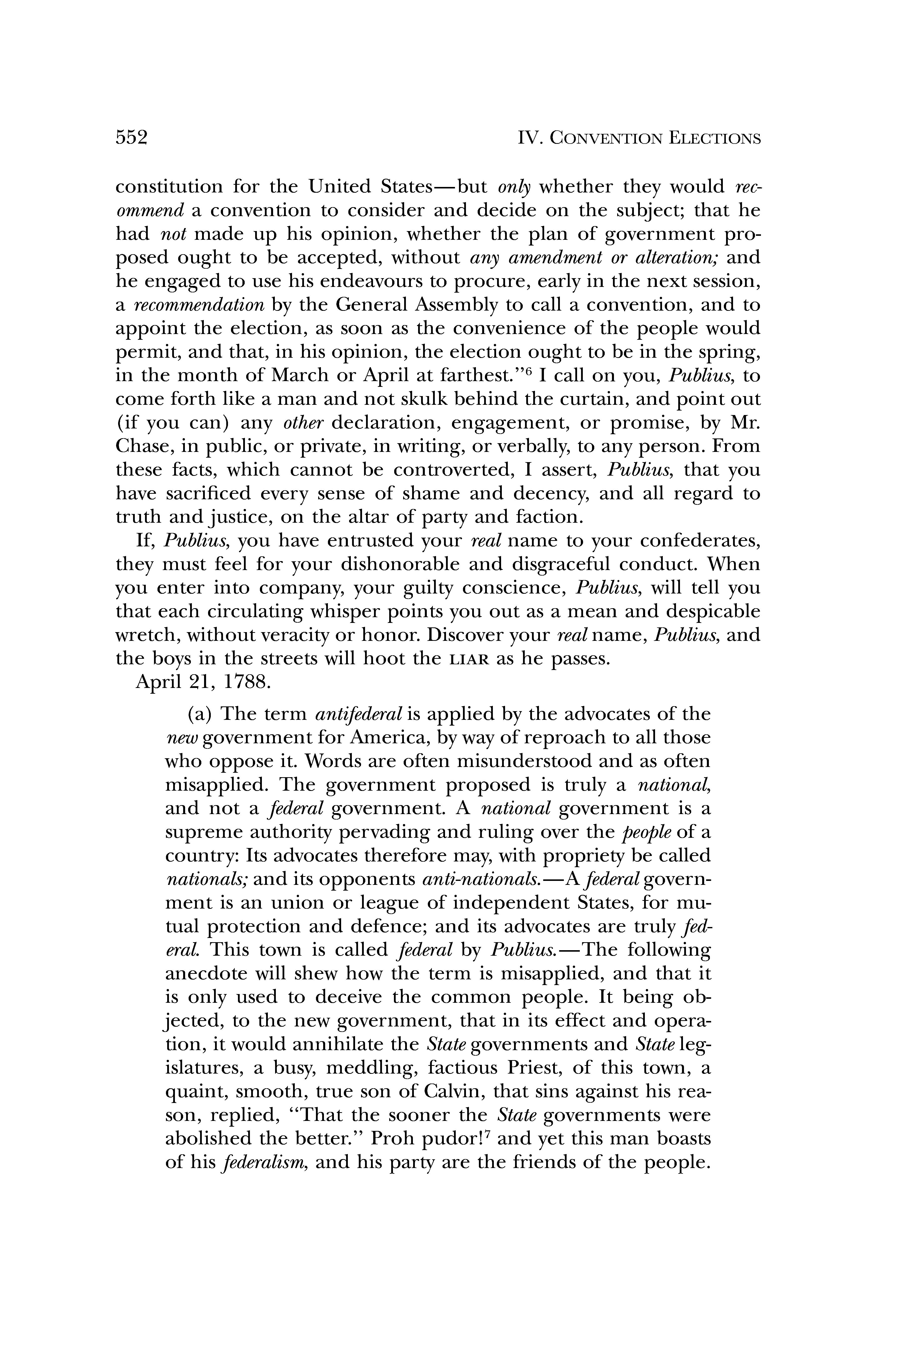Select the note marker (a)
(200, 714)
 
